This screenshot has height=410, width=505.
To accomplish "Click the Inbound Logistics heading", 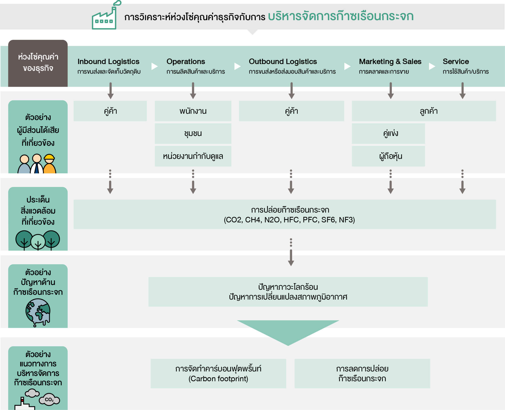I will click(x=108, y=62).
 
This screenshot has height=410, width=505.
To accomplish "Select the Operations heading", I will click(x=186, y=62).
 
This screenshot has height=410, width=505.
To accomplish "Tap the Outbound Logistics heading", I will click(x=283, y=62).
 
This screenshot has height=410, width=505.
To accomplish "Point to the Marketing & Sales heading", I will click(x=390, y=62).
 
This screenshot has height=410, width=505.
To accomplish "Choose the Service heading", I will click(x=456, y=62).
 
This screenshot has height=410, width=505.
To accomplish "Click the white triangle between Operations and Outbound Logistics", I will click(x=237, y=66).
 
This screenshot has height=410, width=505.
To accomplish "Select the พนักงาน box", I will click(x=193, y=111).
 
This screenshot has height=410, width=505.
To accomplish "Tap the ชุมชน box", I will click(x=193, y=133).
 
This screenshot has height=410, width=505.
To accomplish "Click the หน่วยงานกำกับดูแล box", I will click(x=193, y=156).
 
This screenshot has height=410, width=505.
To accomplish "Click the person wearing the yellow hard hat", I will click(x=49, y=164).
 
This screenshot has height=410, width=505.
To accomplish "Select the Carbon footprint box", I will click(x=218, y=373).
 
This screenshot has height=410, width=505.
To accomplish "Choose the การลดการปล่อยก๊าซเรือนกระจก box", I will click(x=362, y=373).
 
